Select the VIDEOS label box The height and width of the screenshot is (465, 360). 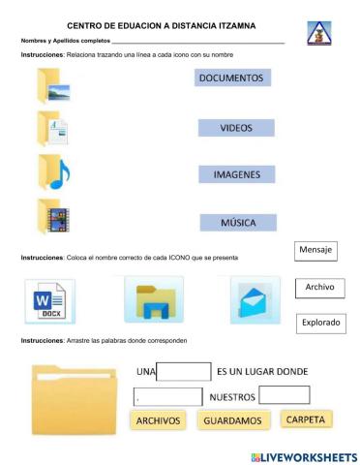[x=235, y=128]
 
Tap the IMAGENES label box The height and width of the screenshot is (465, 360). [x=236, y=174]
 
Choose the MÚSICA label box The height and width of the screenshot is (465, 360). [x=235, y=223]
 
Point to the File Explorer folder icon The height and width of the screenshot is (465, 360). [x=154, y=301]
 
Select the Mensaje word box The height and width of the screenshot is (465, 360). [x=315, y=251]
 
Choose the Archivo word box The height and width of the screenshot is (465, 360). [x=317, y=288]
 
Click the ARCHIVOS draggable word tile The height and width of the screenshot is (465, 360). [x=158, y=421]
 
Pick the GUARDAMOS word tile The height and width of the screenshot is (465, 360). [x=232, y=421]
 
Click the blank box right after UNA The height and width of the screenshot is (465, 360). [x=184, y=372]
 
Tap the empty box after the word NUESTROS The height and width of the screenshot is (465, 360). [x=285, y=395]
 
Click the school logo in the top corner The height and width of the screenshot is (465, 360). [x=317, y=34]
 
